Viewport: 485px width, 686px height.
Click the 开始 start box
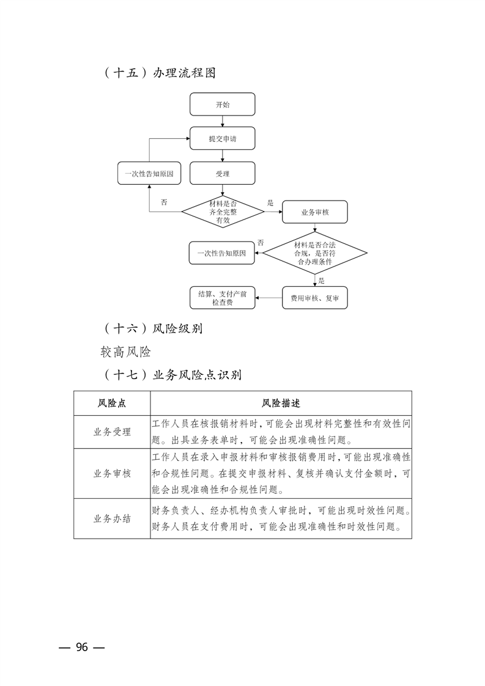coord(223,105)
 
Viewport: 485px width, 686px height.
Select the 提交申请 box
coord(223,139)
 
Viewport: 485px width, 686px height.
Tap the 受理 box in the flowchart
coord(223,174)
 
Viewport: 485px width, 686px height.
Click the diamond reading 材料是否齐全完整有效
coord(223,212)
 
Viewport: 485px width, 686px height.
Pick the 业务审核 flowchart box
coord(315,212)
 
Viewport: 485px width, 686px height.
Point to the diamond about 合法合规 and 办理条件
coord(315,253)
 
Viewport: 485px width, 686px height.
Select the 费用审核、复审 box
coord(315,298)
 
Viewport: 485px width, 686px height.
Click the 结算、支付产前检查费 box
coord(223,298)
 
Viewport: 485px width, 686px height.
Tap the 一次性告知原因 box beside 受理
coord(149,174)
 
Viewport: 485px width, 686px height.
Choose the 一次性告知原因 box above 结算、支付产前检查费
coord(221,253)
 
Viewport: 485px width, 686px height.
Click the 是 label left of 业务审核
coord(270,202)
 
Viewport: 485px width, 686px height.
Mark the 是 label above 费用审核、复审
coord(322,281)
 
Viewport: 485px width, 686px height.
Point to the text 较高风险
coord(125,352)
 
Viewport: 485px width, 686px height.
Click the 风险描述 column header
coord(281,404)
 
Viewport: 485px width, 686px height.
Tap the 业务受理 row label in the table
coord(112,432)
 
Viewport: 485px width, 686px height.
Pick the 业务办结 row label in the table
coord(112,518)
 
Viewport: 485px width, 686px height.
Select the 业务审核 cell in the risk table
coord(112,473)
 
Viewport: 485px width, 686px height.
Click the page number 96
coord(82,647)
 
